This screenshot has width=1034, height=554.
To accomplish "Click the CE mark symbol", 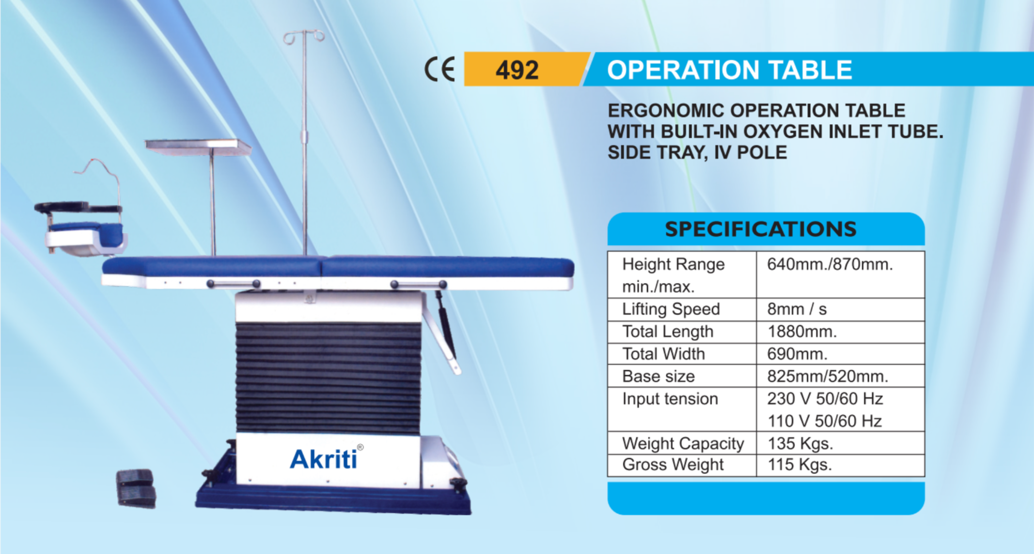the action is (x=440, y=69).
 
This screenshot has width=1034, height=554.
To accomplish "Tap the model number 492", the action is (x=517, y=70).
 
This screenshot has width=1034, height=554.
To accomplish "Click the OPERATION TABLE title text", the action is (x=729, y=70).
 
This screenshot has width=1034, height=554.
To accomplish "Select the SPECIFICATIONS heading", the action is (x=761, y=229).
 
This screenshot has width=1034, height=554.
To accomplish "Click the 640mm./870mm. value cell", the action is (x=830, y=264).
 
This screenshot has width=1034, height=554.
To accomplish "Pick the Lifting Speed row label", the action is (x=671, y=309).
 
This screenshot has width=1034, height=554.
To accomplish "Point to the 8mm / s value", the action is (x=797, y=309).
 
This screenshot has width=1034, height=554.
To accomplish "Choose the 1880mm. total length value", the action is (x=802, y=332).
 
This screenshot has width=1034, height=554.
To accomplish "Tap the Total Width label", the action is (x=663, y=354).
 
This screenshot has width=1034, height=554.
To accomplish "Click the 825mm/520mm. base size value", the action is (x=828, y=376).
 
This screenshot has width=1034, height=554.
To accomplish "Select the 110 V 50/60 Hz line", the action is (x=824, y=421).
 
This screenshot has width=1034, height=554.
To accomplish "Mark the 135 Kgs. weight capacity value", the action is (x=800, y=443).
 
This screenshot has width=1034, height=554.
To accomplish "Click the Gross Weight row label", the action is (x=673, y=465).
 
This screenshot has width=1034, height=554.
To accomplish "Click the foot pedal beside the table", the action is (x=136, y=488).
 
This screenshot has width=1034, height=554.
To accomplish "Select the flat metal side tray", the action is (x=198, y=147).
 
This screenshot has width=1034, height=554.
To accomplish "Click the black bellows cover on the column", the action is (x=328, y=377).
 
